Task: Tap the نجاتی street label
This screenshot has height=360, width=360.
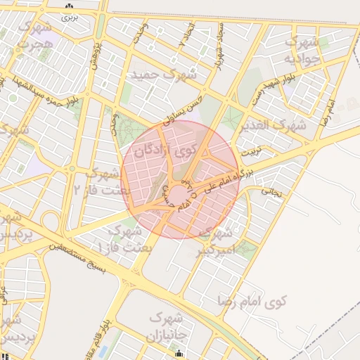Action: tap(271, 190)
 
